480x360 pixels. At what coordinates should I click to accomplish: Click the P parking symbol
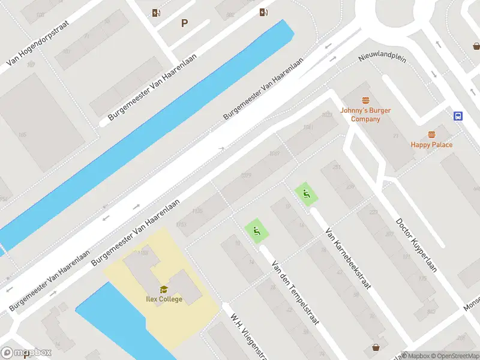184,23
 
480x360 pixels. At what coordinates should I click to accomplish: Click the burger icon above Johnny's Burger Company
365,101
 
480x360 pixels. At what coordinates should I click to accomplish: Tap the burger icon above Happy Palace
431,135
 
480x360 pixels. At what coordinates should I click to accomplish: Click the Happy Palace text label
431,145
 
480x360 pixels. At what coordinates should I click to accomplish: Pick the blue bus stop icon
458,116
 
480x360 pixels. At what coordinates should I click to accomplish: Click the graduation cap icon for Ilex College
164,290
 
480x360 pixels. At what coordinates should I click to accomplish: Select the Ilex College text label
164,299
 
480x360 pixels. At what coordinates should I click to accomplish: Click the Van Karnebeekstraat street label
347,257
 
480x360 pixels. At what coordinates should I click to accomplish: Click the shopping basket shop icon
376,347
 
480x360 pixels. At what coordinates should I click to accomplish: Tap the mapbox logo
26,352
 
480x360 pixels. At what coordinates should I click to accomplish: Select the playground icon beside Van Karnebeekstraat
306,194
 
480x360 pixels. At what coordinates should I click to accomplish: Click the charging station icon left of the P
156,13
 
